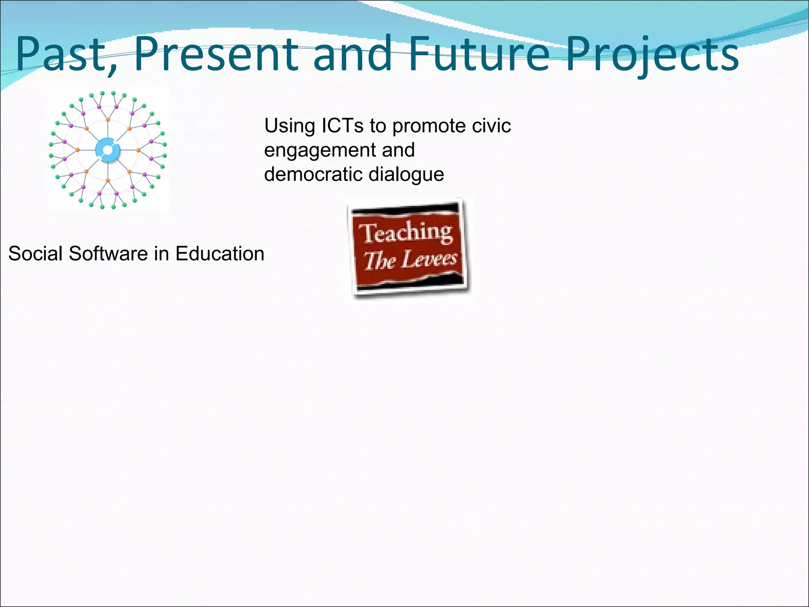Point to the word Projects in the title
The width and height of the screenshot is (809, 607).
click(652, 55)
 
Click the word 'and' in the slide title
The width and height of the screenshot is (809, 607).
click(353, 54)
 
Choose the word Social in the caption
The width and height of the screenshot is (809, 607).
click(36, 254)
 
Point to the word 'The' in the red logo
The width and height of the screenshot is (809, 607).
click(380, 261)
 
